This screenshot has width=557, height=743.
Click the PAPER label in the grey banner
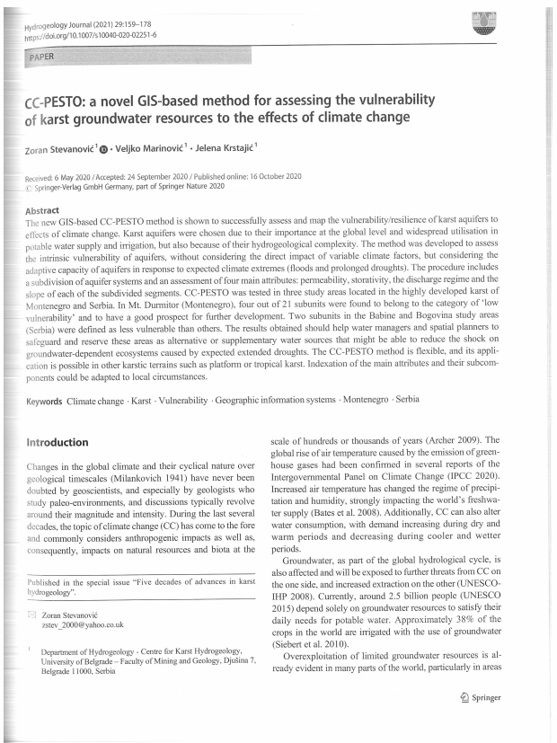(x=41, y=57)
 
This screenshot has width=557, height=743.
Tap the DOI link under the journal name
(x=92, y=37)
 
